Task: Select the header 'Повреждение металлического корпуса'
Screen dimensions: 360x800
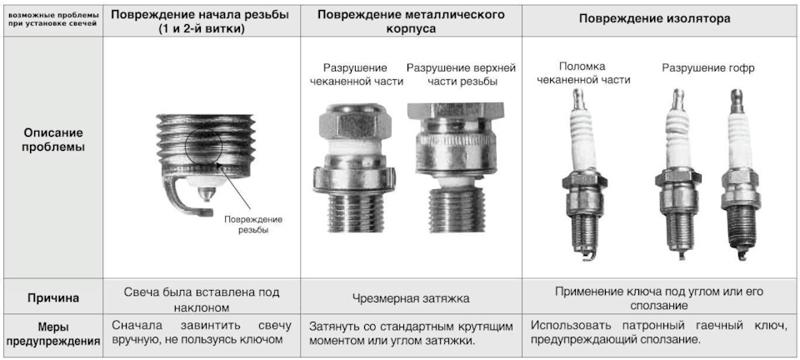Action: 411,22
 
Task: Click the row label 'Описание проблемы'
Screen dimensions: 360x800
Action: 52,140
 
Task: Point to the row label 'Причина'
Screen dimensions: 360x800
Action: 52,297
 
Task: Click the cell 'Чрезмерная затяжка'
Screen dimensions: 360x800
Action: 411,298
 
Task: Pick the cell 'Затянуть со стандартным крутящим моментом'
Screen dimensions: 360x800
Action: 411,333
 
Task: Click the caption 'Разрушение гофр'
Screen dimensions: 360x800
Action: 707,68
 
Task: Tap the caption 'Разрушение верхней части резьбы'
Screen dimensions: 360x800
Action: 461,74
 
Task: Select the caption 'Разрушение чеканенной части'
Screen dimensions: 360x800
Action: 355,74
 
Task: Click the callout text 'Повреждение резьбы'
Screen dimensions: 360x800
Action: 254,224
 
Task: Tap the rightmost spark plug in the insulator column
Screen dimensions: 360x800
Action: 736,175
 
